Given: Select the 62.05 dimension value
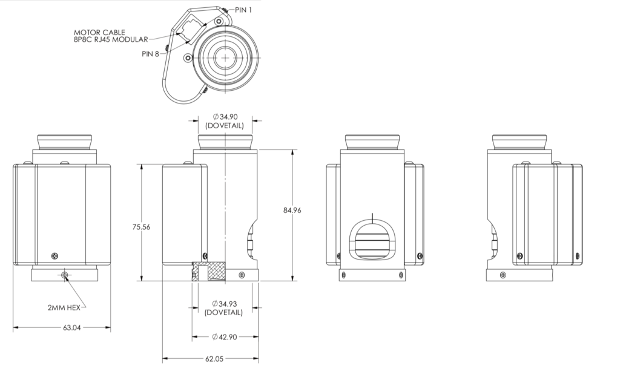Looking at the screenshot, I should pos(214,358).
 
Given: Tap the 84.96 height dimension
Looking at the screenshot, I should pos(292,210).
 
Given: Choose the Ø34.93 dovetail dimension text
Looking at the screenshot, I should pos(224,307).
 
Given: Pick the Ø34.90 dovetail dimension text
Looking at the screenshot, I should pos(224,122).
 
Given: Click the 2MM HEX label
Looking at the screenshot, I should pos(62,307).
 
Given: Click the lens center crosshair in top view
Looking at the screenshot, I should pos(226,58).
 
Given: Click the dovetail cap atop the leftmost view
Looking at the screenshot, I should pos(65,142).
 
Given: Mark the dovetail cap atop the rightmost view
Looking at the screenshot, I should pos(520,142).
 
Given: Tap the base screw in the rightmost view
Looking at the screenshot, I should pos(502,275).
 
